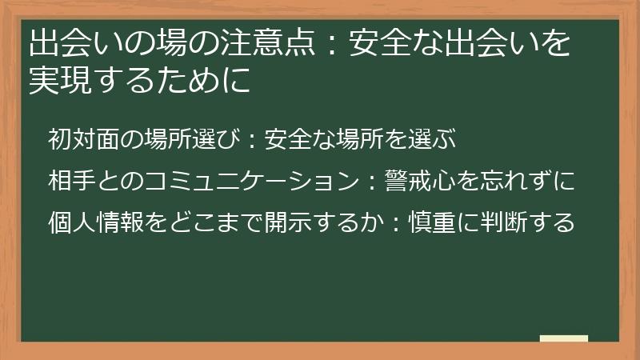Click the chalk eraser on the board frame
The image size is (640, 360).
point(563,338)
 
